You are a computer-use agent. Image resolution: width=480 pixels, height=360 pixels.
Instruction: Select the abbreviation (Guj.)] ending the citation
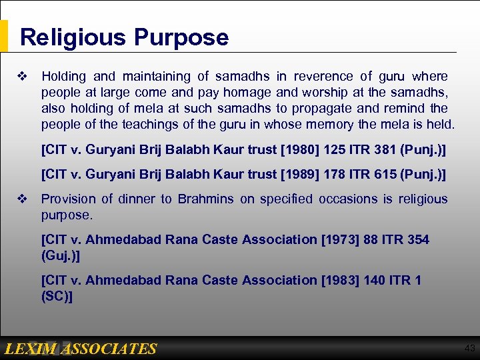[61, 255]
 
